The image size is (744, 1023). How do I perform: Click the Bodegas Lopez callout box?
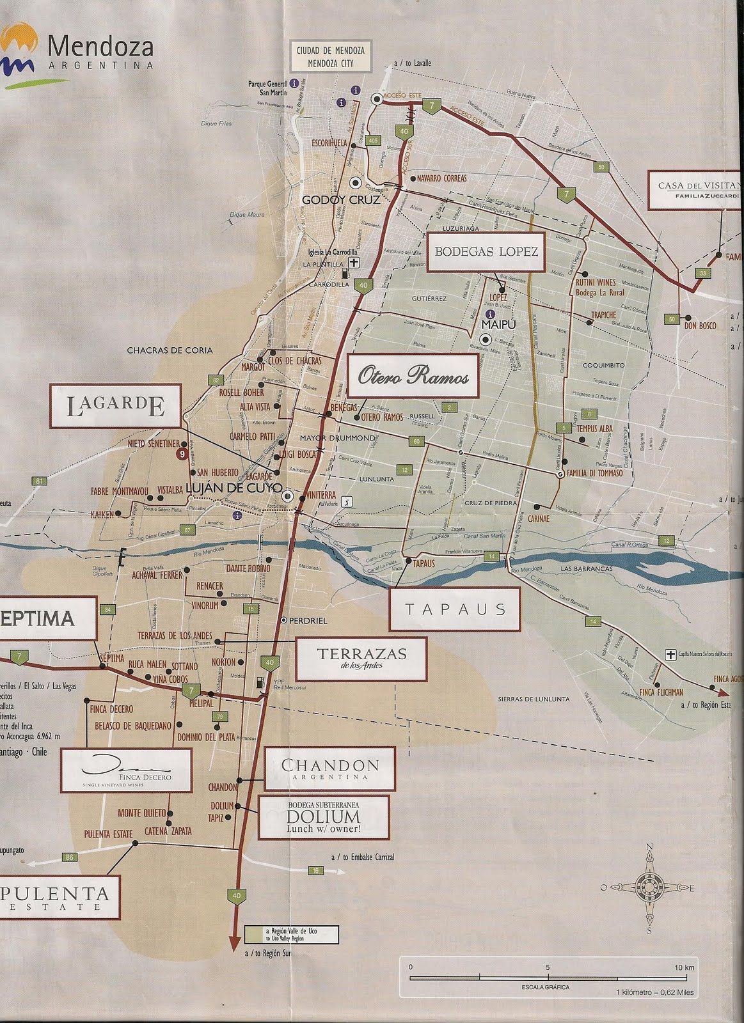click(x=486, y=251)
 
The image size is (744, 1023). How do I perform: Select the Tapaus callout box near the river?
click(x=455, y=609)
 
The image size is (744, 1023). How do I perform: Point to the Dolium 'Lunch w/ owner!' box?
click(x=315, y=817)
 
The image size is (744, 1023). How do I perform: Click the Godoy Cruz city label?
click(x=341, y=199)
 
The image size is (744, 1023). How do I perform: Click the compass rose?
click(x=648, y=888)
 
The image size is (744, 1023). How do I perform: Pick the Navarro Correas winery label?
click(x=441, y=178)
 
